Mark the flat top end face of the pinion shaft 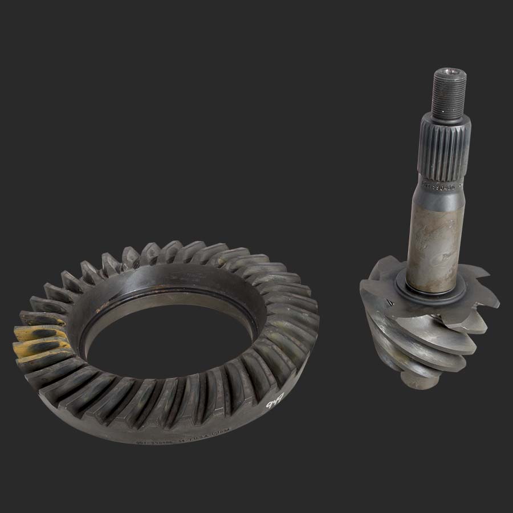pos(450,73)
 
